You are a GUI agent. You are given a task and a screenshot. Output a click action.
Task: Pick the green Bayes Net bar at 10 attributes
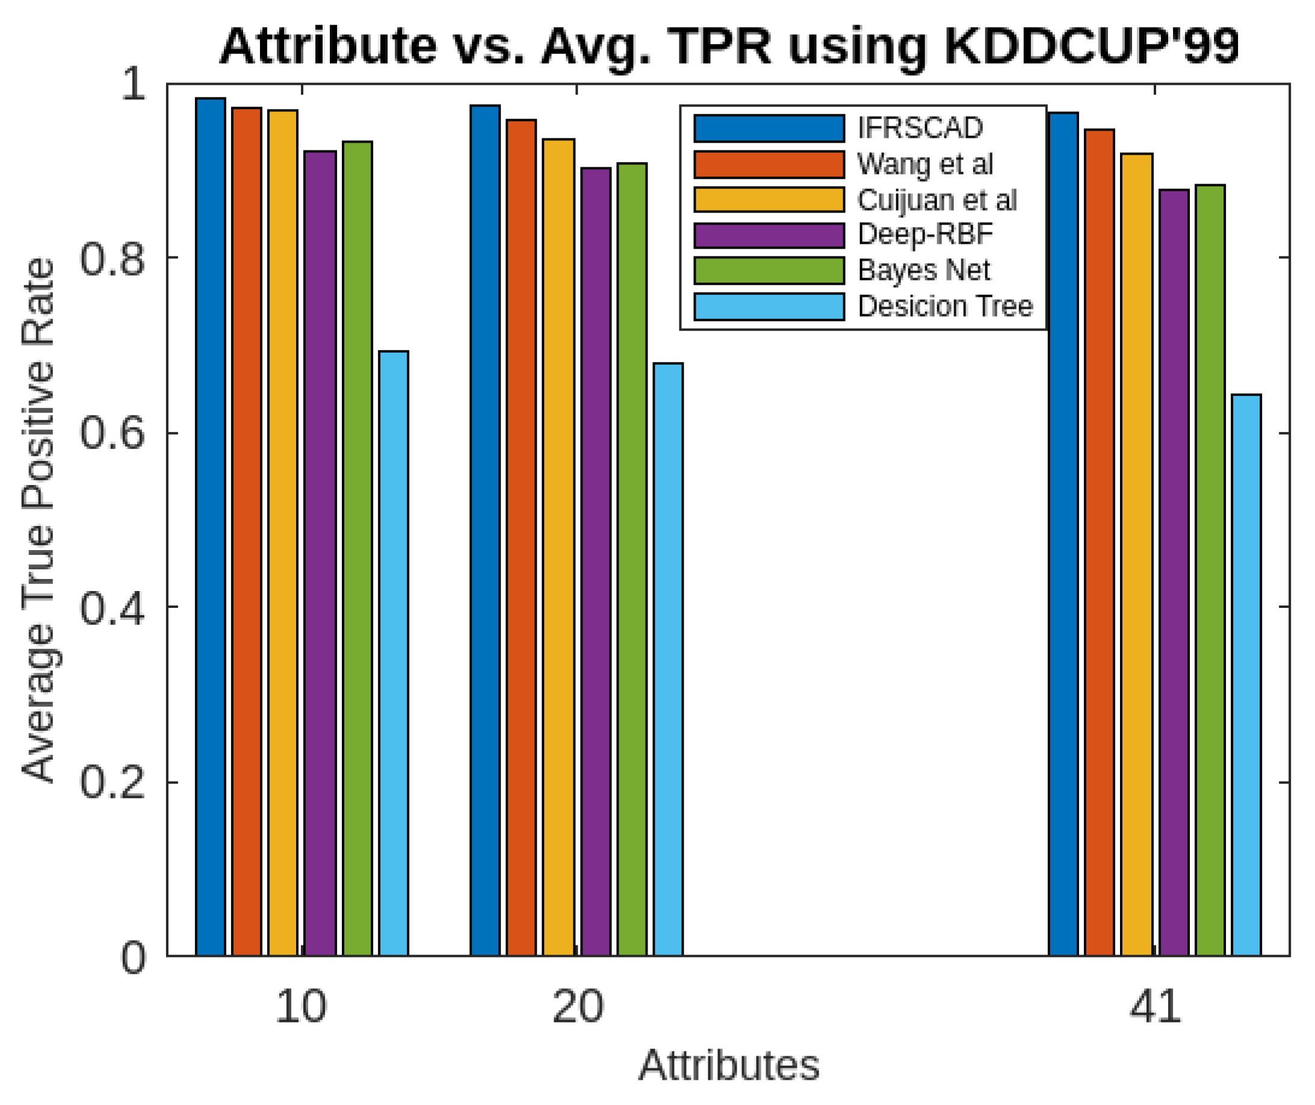357,548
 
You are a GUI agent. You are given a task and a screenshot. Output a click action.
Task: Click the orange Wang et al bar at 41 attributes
1100,542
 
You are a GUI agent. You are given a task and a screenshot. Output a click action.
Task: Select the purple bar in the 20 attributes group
595,562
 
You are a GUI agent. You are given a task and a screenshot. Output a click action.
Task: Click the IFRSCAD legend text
920,128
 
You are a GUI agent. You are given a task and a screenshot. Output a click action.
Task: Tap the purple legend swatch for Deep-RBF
769,235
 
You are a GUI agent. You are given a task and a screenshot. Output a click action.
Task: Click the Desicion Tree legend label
945,307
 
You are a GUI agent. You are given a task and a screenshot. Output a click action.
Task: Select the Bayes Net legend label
923,271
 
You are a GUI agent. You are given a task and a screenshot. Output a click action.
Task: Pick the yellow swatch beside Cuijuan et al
769,200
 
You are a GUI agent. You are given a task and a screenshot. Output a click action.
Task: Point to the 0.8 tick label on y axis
112,259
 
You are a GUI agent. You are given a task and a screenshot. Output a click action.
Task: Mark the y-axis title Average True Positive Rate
39,520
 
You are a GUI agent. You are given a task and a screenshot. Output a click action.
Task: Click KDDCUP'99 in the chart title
1090,47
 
